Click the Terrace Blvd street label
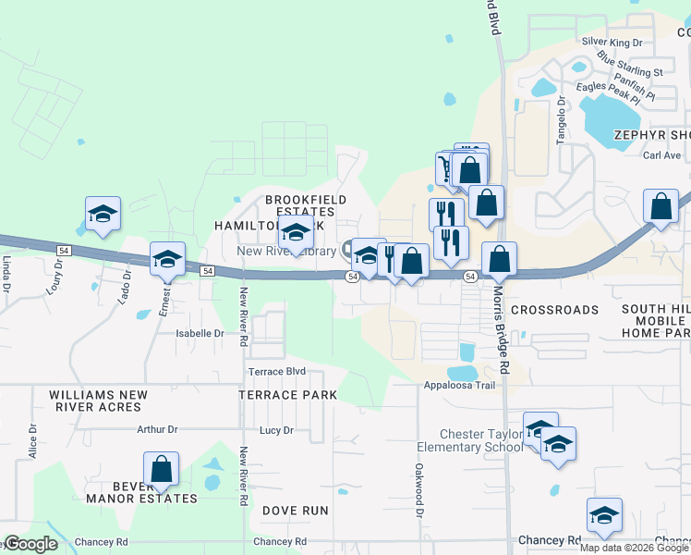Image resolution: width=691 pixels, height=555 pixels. coord(276,371)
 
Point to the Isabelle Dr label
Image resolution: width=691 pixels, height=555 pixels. coord(200,333)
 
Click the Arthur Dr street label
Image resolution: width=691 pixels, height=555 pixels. coord(156,429)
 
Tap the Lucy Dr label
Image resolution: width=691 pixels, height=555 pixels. coord(276,430)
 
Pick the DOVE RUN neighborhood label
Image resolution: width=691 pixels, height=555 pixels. coord(295,511)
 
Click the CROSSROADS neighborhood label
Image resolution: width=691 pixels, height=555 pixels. coord(554,310)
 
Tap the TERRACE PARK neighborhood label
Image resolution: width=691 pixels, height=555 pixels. coord(286,395)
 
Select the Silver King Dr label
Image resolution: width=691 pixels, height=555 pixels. coord(612,43)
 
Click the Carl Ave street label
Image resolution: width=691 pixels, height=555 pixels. coord(661,155)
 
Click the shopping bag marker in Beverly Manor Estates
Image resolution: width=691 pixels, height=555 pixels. coord(162,469)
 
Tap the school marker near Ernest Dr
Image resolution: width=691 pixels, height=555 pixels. coord(168,260)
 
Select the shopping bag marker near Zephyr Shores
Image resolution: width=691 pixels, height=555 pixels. coord(661,207)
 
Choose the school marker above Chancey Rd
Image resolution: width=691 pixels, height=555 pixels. coord(604,515)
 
